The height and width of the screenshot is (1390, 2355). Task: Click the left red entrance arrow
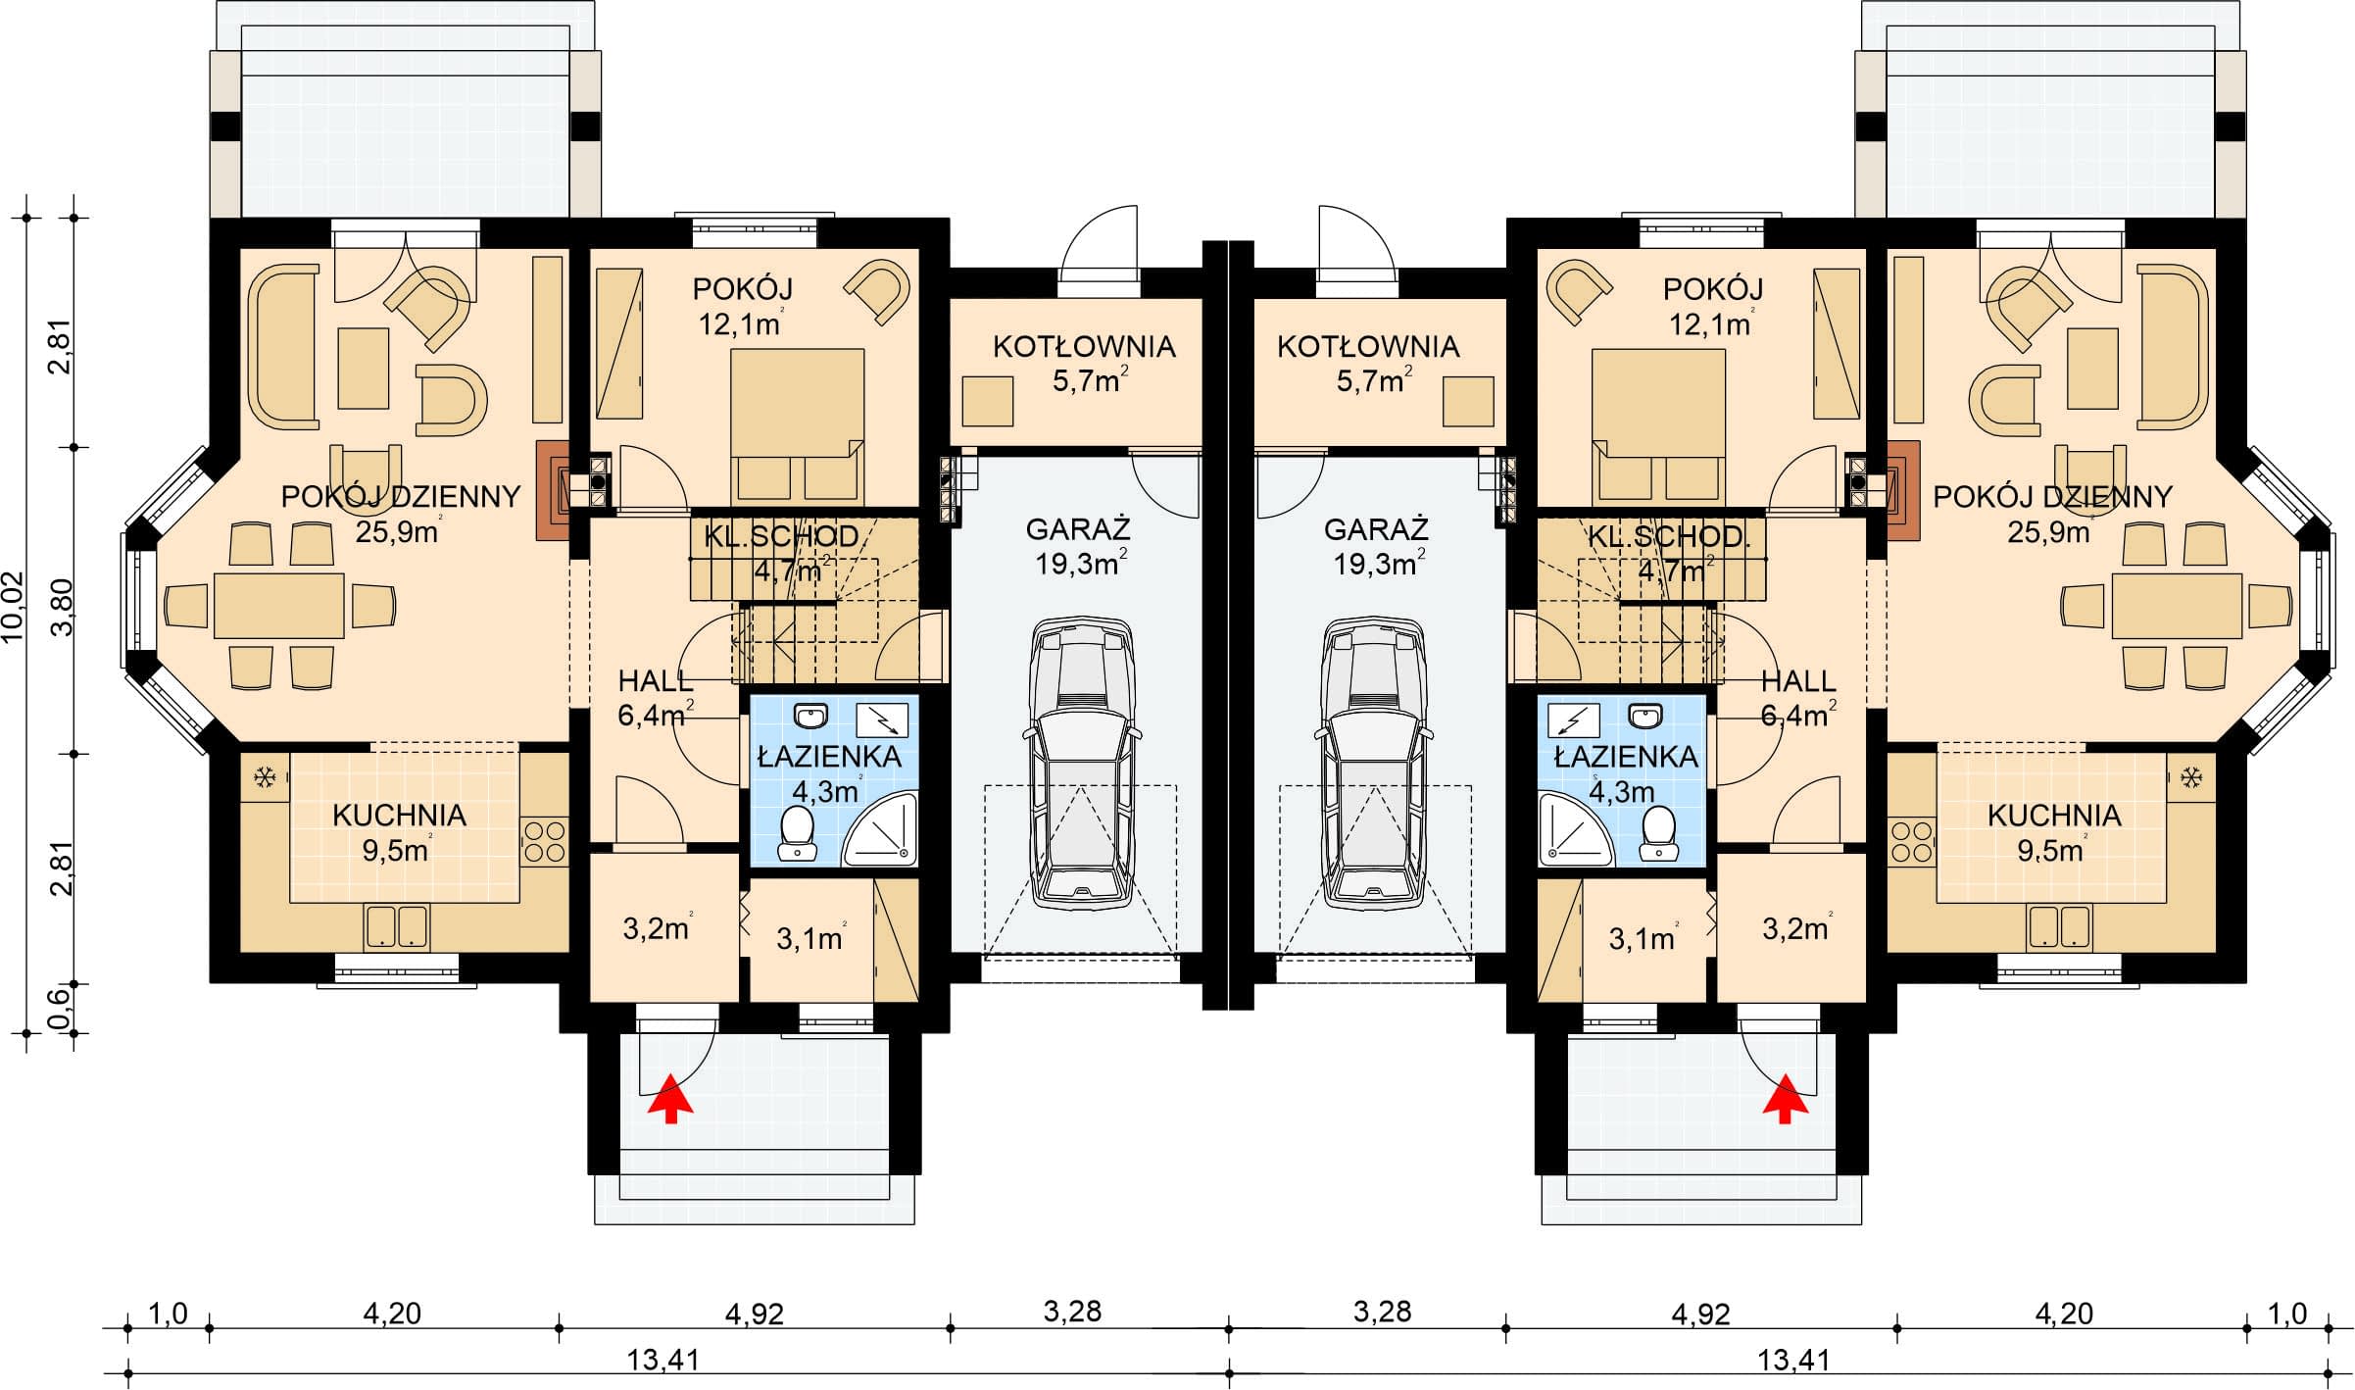(670, 1097)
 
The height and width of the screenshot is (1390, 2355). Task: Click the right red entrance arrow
(1785, 1097)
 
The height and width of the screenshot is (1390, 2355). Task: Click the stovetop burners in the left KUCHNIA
(544, 841)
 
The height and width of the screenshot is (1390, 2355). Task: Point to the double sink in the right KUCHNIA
(2059, 926)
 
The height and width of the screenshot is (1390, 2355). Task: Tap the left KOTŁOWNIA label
(1084, 346)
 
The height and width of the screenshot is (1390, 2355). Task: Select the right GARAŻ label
(1376, 529)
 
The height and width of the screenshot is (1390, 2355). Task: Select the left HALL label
(656, 680)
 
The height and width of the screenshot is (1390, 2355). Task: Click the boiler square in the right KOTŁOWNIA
(1468, 401)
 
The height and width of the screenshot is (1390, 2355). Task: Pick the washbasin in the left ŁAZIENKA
(810, 718)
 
